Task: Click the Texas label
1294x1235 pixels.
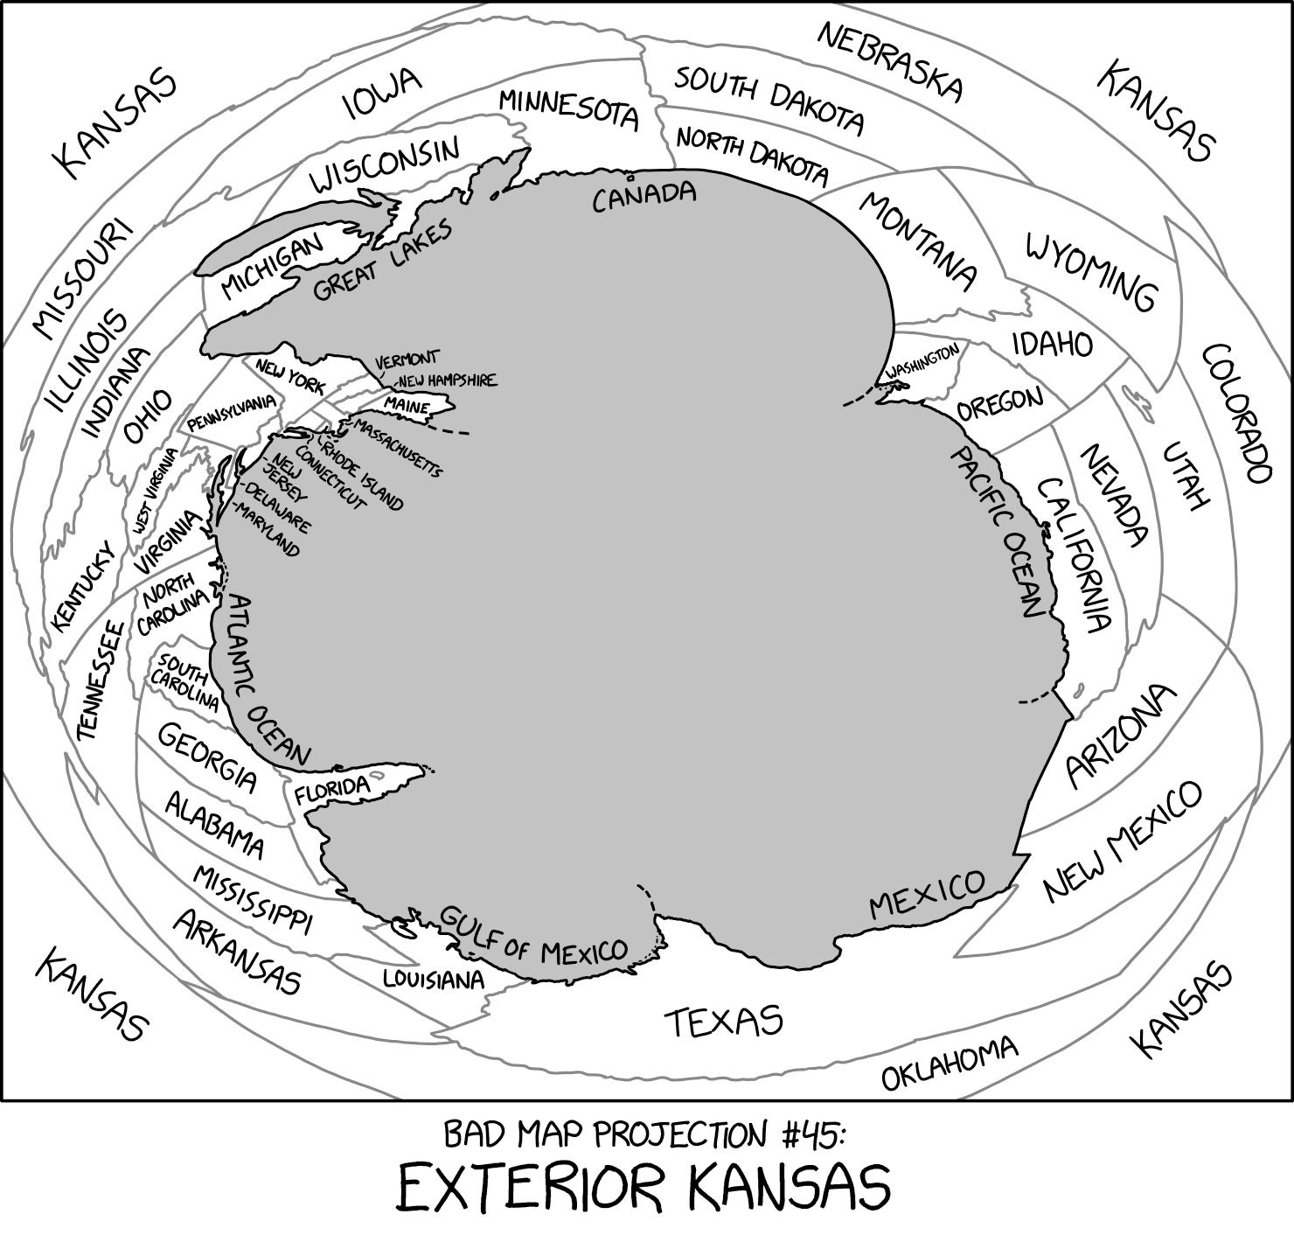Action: pyautogui.click(x=723, y=1021)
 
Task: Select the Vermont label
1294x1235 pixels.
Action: pyautogui.click(x=407, y=359)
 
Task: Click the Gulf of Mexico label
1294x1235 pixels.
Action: pyautogui.click(x=532, y=935)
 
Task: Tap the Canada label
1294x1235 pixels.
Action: pyautogui.click(x=644, y=196)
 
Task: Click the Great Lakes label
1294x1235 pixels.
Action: pyautogui.click(x=383, y=260)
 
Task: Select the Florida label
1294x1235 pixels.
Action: pyautogui.click(x=332, y=790)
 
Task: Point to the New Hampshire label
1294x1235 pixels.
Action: pyautogui.click(x=447, y=380)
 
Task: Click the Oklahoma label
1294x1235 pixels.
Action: pyautogui.click(x=950, y=1063)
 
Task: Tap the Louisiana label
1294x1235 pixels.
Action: pyautogui.click(x=434, y=978)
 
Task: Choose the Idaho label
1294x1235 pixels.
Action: pyautogui.click(x=1053, y=344)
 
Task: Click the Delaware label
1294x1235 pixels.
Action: pyautogui.click(x=277, y=508)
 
